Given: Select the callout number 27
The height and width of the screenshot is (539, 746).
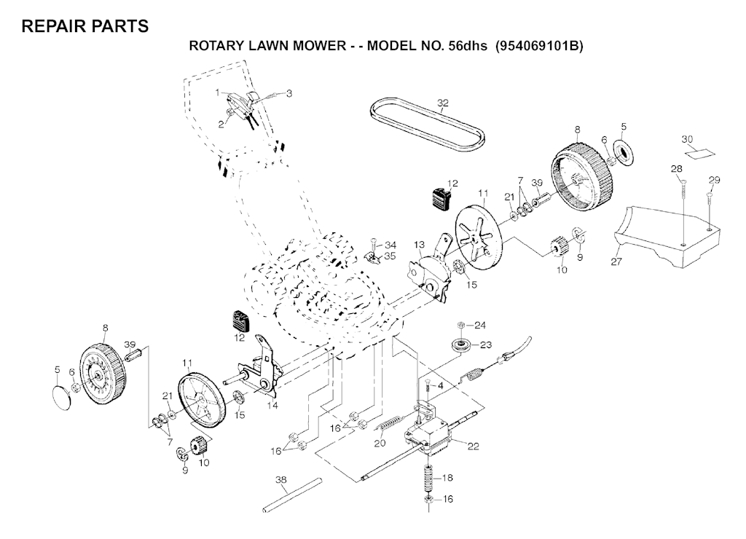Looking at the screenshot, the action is [x=616, y=261].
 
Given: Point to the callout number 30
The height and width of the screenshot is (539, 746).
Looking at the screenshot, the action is [x=687, y=139].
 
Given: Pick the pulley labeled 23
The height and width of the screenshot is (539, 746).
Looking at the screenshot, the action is [x=460, y=345].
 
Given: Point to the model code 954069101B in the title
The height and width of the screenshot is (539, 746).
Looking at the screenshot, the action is [x=540, y=46].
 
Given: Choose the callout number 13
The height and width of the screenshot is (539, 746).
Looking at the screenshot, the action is [x=419, y=245].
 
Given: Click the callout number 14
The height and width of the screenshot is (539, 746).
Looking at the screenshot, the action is [x=272, y=405].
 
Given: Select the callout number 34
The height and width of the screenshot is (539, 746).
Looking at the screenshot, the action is [x=390, y=245].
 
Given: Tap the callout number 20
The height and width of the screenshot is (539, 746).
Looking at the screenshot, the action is [x=379, y=444].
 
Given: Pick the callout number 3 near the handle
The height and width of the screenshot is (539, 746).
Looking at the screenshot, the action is [x=289, y=93].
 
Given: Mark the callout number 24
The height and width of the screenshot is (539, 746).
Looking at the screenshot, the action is [x=479, y=326].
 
